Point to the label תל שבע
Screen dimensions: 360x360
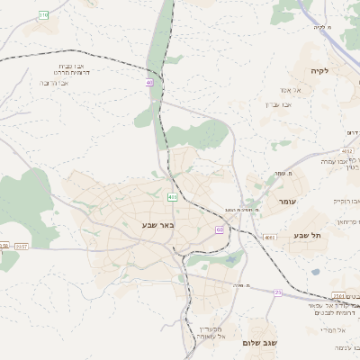tap(307, 235)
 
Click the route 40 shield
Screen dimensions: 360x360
tap(149, 82)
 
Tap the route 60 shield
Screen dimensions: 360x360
tap(220, 229)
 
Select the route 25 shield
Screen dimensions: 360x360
tap(278, 292)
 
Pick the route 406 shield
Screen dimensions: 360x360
tap(172, 196)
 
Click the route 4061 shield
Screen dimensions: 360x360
tap(269, 237)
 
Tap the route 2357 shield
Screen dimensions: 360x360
tap(22, 246)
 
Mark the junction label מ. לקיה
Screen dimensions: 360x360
tap(323, 27)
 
